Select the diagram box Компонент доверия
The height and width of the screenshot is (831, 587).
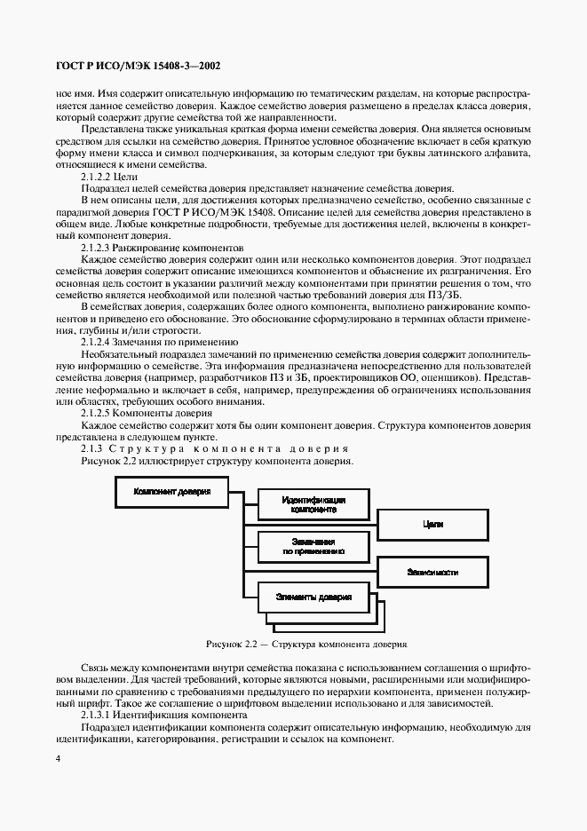[x=172, y=490]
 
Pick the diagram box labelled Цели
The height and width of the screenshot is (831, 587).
[x=432, y=525]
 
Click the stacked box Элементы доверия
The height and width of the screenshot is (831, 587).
[x=313, y=597]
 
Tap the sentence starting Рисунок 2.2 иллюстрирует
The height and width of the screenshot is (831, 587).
[x=217, y=461]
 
